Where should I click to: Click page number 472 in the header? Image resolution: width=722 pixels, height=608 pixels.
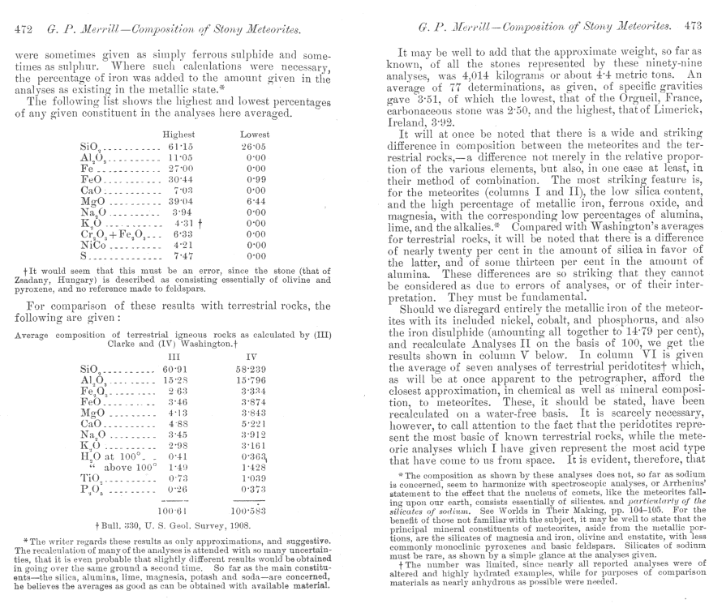tap(25, 32)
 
